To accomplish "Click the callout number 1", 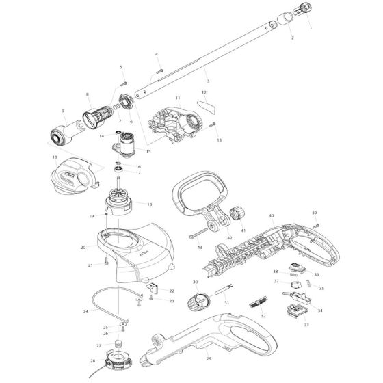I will [311, 29].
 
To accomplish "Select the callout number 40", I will [272, 216].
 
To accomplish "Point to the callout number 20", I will [83, 247].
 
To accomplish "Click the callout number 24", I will [85, 311].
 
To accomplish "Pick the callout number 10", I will [54, 157].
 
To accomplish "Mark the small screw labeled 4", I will [159, 68].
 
